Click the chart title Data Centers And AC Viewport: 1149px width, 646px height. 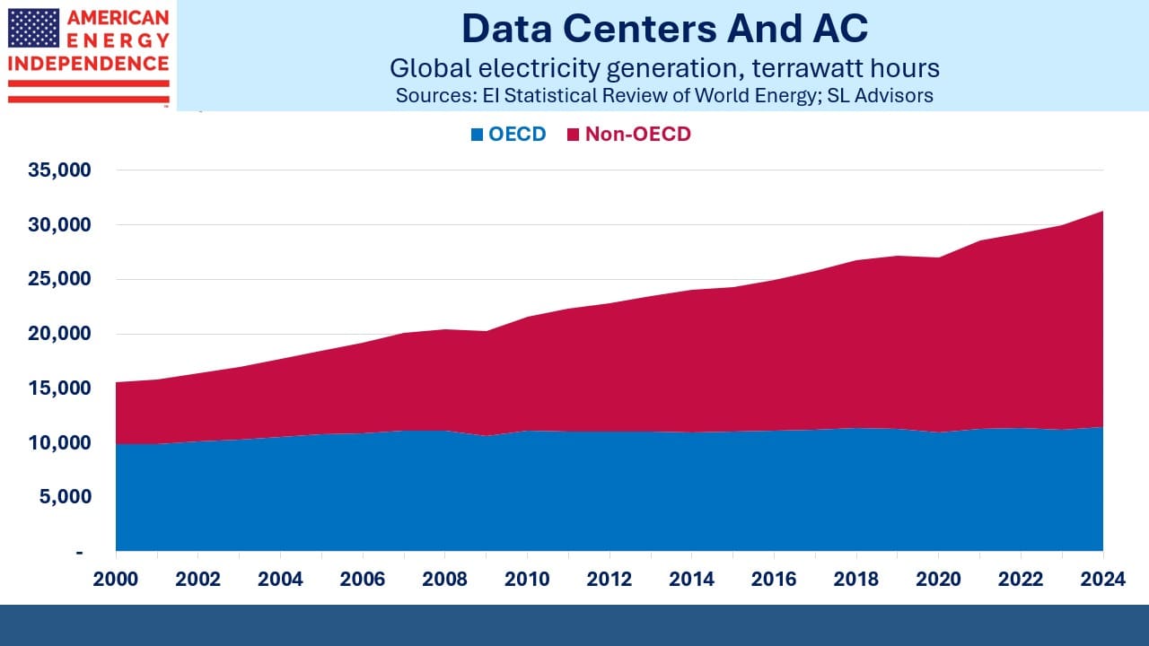coord(665,29)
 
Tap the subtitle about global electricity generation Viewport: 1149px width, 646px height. coord(665,68)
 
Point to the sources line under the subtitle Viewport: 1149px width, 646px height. coord(664,96)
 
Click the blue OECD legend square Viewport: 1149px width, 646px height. coord(477,135)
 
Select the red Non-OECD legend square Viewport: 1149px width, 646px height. coord(573,135)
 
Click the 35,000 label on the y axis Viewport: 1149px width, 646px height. coord(59,170)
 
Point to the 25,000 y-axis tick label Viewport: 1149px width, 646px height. coord(59,279)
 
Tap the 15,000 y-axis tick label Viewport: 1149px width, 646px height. coord(59,388)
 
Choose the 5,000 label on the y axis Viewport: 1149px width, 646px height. coord(66,496)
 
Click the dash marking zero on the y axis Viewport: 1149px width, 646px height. coord(79,553)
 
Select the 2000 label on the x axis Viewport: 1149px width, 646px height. coord(116,580)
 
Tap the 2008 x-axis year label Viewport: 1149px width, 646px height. coord(444,580)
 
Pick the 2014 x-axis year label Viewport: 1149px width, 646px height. coord(691,580)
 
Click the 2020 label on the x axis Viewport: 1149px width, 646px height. coord(938,580)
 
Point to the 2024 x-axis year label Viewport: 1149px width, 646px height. coord(1103,580)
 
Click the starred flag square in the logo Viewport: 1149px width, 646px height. coord(33,28)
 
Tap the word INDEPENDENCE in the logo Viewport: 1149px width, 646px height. coord(88,64)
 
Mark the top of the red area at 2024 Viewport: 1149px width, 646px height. coord(1103,211)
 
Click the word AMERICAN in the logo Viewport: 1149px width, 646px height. coord(118,18)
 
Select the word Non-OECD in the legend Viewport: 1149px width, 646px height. coord(638,135)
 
